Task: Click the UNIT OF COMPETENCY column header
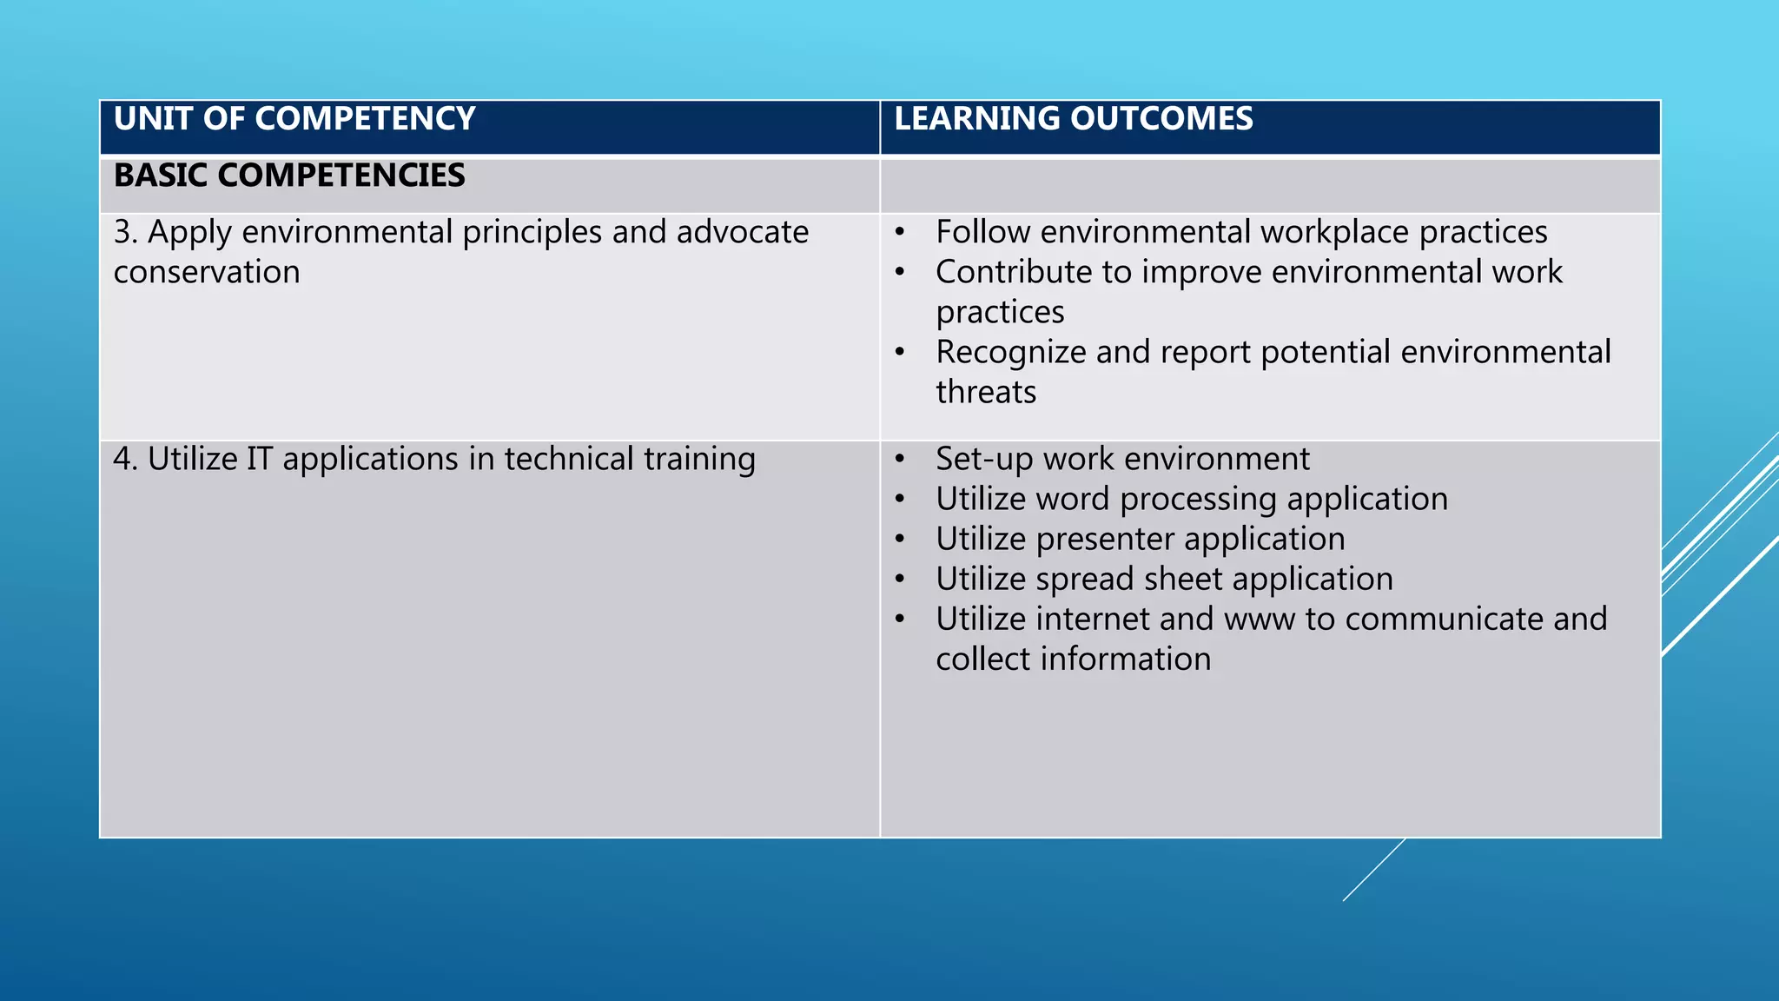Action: [x=294, y=119]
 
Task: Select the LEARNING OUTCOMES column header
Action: [x=1074, y=119]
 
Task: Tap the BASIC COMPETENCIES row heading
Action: [x=289, y=176]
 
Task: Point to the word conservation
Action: [x=207, y=272]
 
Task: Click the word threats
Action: [x=986, y=392]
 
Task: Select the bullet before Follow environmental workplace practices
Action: [x=900, y=233]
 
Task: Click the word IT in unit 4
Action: [x=259, y=459]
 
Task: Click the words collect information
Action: [x=1073, y=660]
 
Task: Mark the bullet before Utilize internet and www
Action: [x=900, y=620]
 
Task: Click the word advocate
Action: [x=743, y=232]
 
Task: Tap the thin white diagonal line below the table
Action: [x=1373, y=870]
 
